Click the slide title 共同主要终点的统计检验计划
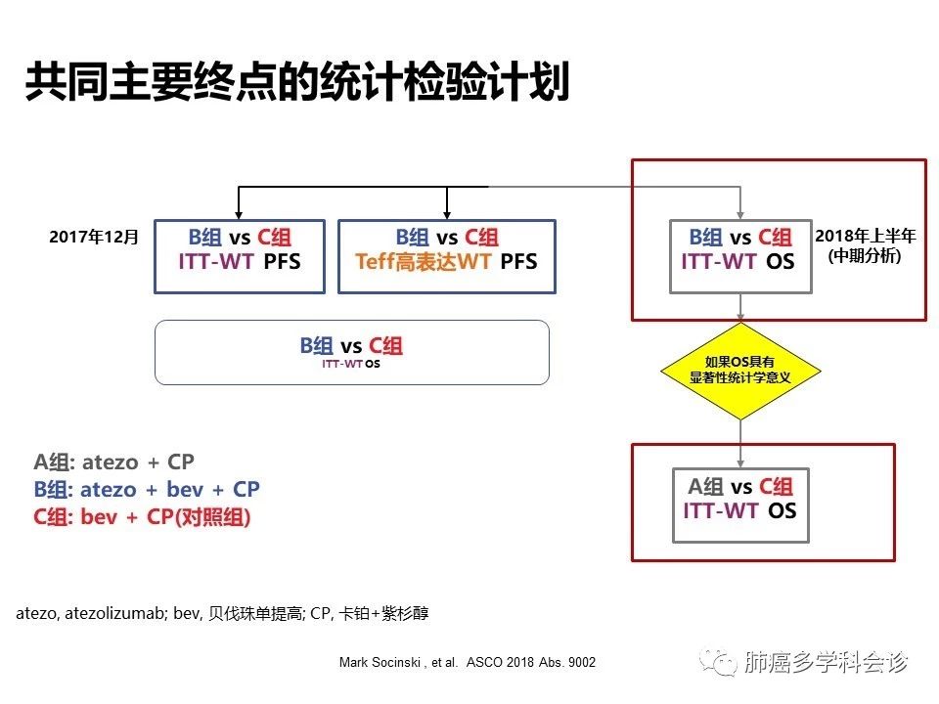tap(296, 83)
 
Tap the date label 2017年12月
tap(95, 238)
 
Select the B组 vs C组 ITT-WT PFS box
tap(240, 256)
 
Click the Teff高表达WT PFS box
tap(446, 256)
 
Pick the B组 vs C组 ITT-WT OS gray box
tap(740, 256)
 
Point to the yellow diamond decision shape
tap(740, 371)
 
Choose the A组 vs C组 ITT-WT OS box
tap(740, 505)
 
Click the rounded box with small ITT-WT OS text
tap(352, 353)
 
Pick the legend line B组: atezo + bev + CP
tap(147, 489)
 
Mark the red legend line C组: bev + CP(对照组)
tap(142, 517)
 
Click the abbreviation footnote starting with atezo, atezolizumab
tap(222, 614)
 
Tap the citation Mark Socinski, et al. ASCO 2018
tap(467, 662)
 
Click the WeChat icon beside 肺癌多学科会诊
tap(724, 664)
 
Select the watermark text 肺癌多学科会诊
tap(827, 664)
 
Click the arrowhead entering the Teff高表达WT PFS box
tap(447, 214)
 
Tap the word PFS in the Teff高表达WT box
tap(518, 264)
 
